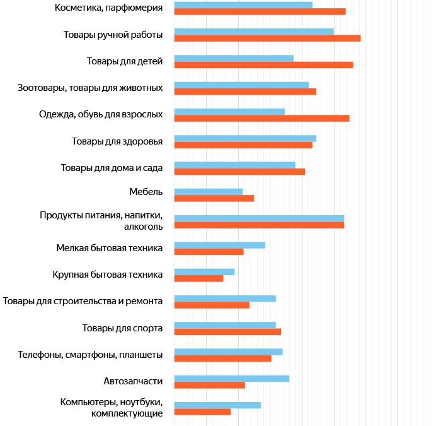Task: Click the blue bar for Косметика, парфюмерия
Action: click(243, 4)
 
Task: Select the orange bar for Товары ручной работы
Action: click(267, 38)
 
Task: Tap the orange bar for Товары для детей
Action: click(263, 65)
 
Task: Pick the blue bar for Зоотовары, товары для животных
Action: click(241, 85)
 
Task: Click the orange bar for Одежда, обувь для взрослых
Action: click(261, 118)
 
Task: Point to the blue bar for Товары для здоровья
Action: click(245, 138)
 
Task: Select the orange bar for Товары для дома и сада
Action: click(239, 172)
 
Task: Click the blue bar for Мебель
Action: click(209, 191)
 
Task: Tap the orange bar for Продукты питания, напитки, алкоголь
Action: click(259, 225)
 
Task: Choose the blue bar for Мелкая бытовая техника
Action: click(220, 245)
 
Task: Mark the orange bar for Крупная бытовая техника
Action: click(198, 278)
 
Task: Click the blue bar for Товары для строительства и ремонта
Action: click(225, 298)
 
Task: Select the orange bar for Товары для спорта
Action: click(227, 331)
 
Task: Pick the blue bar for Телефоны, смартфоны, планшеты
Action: click(228, 352)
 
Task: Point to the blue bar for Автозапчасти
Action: click(232, 378)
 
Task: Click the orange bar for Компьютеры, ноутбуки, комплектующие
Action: click(202, 411)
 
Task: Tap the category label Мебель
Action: click(146, 192)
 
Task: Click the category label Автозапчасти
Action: click(133, 381)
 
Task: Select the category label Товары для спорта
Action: click(123, 328)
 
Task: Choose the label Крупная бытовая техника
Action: click(108, 275)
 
